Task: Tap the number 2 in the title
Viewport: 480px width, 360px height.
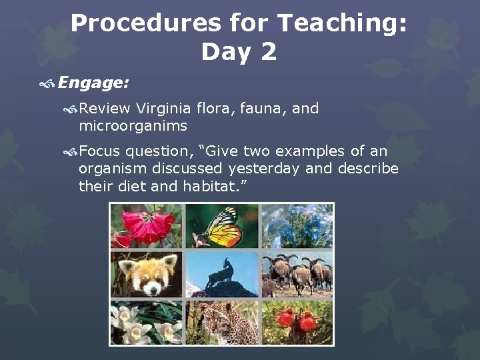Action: point(267,51)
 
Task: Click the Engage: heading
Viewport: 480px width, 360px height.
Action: point(93,82)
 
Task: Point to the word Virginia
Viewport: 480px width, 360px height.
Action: point(163,108)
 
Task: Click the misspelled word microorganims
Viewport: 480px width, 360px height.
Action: point(133,125)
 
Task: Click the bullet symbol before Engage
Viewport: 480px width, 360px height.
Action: point(47,83)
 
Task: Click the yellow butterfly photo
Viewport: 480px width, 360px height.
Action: point(221,227)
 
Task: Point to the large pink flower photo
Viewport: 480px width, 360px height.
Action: point(147,227)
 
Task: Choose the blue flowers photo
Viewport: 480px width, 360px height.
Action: point(297,227)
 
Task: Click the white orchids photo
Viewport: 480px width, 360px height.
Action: point(147,321)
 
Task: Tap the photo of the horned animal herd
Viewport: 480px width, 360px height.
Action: point(297,273)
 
